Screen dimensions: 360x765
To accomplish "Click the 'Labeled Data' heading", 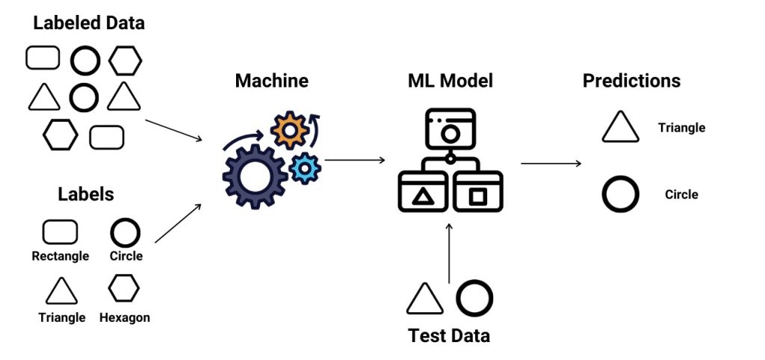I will tap(89, 23).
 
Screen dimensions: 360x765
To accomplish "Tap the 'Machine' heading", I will tap(271, 81).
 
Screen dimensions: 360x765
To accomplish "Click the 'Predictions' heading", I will tap(631, 81).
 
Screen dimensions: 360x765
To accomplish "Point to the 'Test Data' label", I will tap(449, 335).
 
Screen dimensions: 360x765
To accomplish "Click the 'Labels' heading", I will tap(86, 195).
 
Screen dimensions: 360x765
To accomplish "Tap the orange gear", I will tap(289, 130).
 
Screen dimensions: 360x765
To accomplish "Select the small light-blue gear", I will tap(304, 169).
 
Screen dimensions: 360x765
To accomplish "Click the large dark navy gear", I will tap(255, 176).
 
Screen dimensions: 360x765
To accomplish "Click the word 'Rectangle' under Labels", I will tap(61, 256).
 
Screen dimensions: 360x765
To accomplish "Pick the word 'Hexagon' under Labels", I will tap(125, 317).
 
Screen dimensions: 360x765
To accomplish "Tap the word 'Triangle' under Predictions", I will tap(681, 128).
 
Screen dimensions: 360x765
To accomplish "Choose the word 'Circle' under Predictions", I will tap(681, 195).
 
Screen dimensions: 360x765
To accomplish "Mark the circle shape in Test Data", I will tap(474, 299).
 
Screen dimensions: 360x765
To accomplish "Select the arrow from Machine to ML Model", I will tap(354, 160).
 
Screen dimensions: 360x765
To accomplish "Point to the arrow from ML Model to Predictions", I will tap(551, 164).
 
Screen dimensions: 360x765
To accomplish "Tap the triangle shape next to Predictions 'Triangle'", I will tap(621, 128).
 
